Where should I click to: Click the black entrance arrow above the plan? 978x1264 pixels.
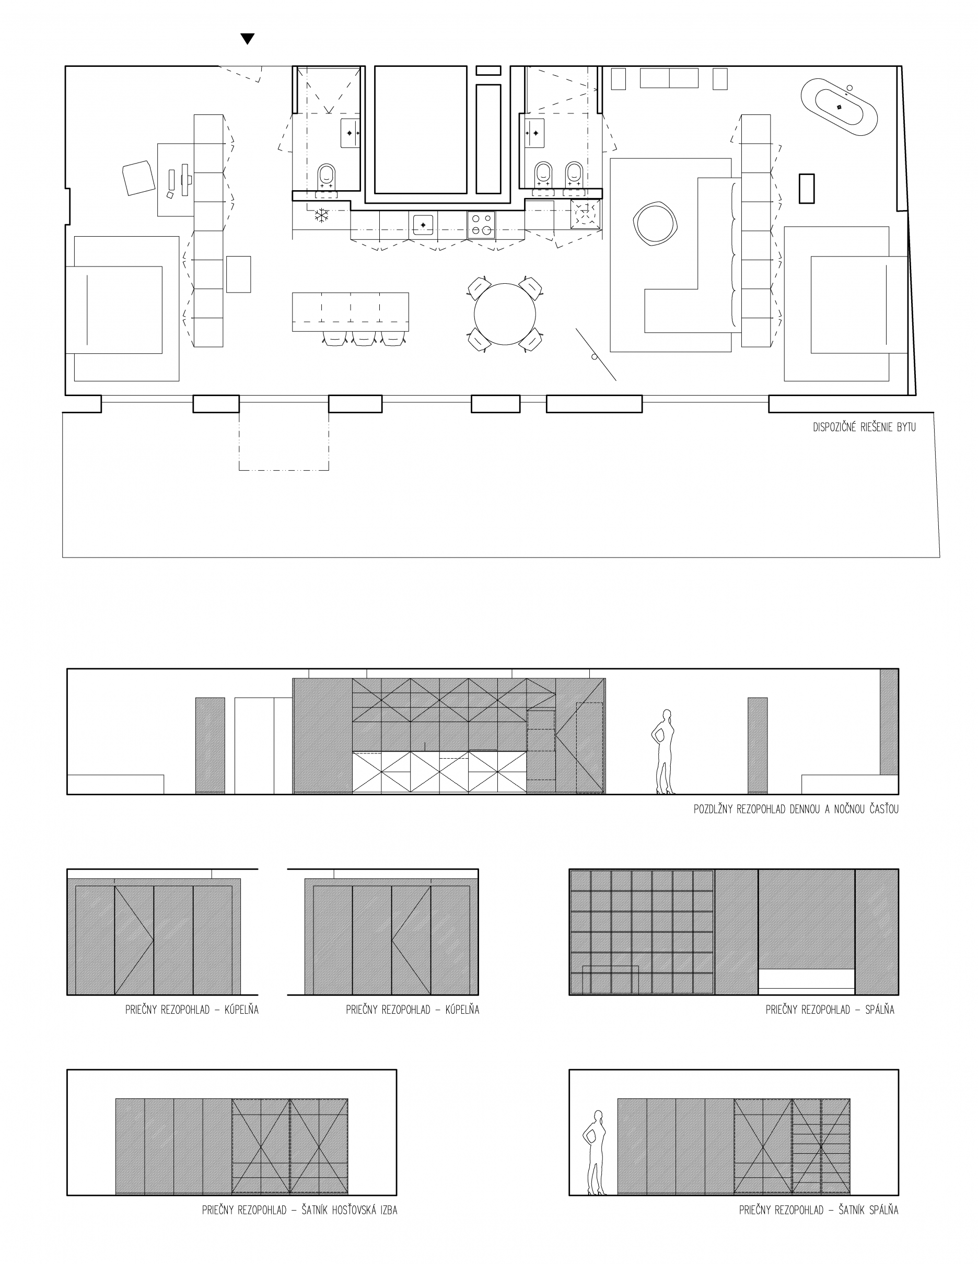[248, 39]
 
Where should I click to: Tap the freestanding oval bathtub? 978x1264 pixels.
[839, 108]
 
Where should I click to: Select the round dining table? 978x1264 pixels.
[505, 314]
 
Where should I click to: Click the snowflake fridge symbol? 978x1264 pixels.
[321, 216]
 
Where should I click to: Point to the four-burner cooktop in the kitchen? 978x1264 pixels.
[481, 225]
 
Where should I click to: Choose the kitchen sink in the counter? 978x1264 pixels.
[423, 225]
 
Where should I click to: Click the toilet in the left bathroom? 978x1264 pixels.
[327, 177]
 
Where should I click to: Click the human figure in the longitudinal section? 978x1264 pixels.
[665, 751]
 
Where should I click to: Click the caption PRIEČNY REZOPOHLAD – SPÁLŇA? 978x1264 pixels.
[830, 1010]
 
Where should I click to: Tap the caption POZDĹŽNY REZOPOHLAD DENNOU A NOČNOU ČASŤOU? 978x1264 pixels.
[796, 809]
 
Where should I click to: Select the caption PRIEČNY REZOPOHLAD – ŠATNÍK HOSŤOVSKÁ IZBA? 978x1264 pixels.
[299, 1210]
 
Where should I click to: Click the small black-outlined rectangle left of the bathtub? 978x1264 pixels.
[807, 189]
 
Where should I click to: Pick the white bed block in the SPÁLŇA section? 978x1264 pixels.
[806, 979]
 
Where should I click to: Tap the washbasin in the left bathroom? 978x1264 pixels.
[350, 133]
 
